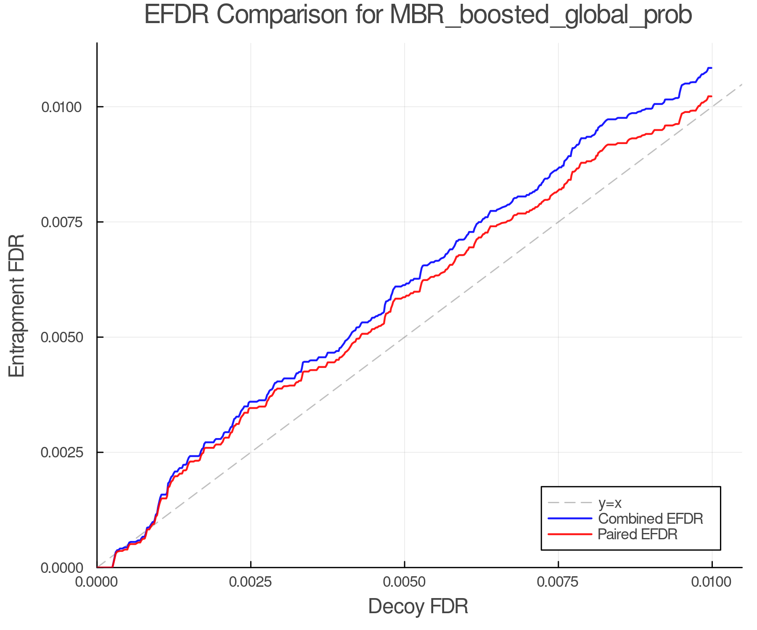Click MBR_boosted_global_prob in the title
click(x=541, y=16)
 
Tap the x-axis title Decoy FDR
click(x=418, y=606)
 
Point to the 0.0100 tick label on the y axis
click(x=61, y=107)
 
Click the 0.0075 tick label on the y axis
click(x=61, y=222)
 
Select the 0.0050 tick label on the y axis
click(x=61, y=337)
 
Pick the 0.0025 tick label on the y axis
click(x=61, y=452)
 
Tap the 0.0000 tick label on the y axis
click(x=61, y=568)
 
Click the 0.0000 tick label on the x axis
click(x=97, y=583)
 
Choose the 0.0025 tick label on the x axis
click(x=251, y=583)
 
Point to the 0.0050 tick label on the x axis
click(x=405, y=583)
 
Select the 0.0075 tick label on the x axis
click(x=558, y=583)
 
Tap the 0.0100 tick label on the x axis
click(x=712, y=583)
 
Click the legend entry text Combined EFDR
click(x=650, y=519)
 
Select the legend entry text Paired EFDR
click(x=638, y=534)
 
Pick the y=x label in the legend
click(x=610, y=503)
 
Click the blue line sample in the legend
click(x=570, y=519)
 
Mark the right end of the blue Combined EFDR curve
click(x=711, y=68)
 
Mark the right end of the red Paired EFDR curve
click(x=711, y=97)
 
